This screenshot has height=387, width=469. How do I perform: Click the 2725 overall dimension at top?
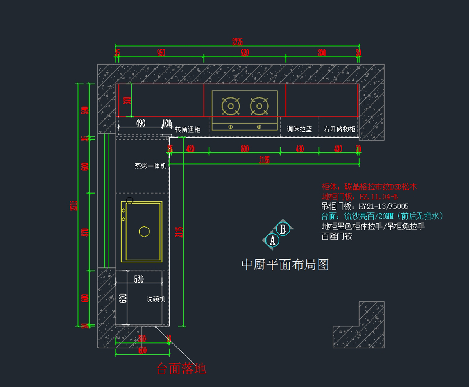(238, 41)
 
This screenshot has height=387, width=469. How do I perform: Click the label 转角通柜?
(188, 129)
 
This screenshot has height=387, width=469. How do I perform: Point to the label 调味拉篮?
(299, 129)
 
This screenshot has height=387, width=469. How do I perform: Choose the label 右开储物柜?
(339, 129)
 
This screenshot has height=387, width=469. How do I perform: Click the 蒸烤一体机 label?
(150, 166)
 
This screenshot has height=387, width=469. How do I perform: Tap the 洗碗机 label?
(156, 299)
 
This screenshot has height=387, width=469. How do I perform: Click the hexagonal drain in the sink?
(144, 231)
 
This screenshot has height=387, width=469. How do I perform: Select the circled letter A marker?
(272, 240)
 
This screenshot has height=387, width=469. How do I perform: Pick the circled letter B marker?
(283, 229)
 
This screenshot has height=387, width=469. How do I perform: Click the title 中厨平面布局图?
(285, 265)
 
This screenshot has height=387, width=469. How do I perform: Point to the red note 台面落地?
(181, 368)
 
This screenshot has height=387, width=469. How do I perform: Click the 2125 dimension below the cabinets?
(264, 160)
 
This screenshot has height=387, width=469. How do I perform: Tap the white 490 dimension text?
(140, 123)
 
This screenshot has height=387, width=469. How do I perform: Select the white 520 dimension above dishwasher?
(139, 279)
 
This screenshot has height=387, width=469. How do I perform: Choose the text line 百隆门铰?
(337, 236)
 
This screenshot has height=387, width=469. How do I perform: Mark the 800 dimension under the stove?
(245, 149)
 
